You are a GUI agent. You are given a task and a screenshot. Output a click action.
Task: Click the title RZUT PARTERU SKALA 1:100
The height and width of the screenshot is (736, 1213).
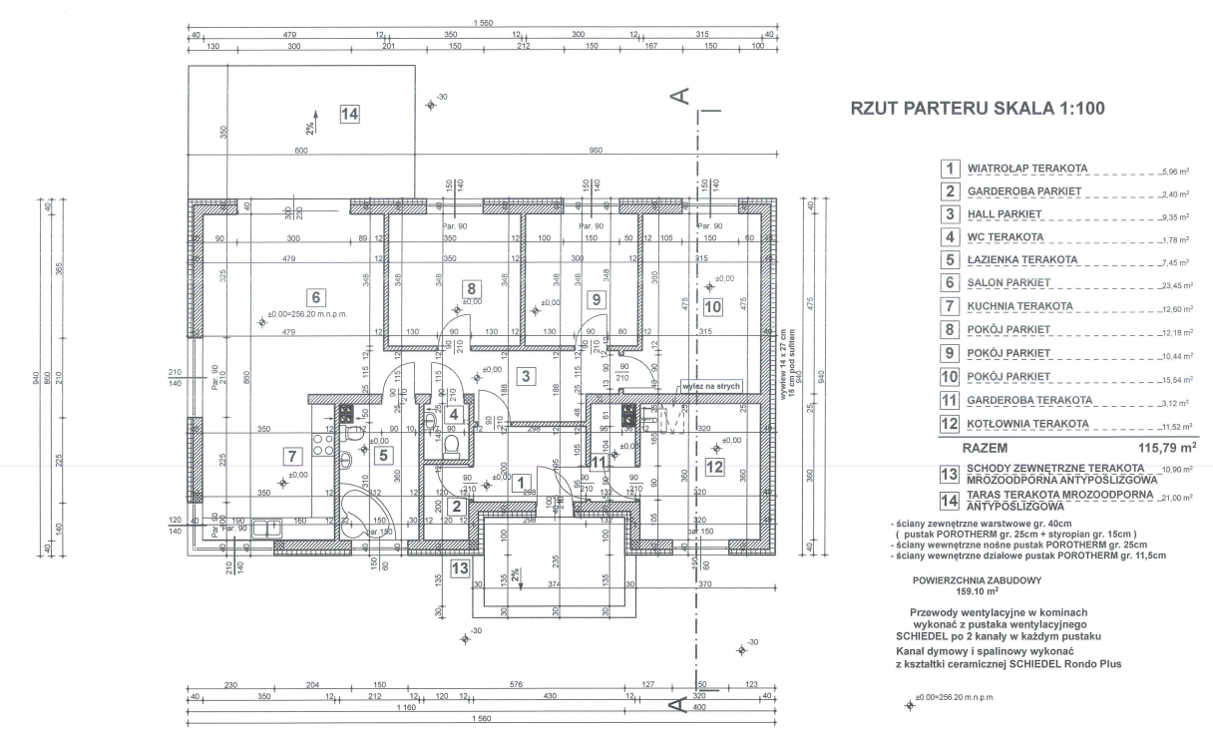tap(977, 110)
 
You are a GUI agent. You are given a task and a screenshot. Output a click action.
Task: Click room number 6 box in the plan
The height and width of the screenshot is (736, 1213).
tap(314, 296)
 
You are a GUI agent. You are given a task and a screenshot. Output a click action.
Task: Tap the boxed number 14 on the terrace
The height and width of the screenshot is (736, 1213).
tap(348, 114)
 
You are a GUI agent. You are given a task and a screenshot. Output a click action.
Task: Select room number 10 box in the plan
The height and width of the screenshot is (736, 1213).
tap(711, 305)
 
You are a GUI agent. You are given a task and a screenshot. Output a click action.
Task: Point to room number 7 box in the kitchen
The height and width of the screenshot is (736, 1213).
tap(291, 457)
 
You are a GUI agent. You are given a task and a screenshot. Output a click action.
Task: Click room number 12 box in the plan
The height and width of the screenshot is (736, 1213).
tap(714, 465)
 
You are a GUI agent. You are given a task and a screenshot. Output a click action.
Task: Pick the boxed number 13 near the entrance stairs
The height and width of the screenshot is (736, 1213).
tap(460, 568)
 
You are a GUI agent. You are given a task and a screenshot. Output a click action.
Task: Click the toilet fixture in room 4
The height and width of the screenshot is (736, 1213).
tap(451, 445)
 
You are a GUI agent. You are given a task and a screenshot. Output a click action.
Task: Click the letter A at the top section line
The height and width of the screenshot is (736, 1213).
tap(678, 96)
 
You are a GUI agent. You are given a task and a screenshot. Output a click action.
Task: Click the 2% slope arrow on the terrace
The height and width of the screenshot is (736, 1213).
tap(312, 122)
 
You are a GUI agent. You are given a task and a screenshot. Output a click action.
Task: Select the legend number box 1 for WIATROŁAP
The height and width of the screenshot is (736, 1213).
tap(952, 169)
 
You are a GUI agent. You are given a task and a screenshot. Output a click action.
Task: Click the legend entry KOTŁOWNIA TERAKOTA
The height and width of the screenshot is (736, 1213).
tap(1026, 424)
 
